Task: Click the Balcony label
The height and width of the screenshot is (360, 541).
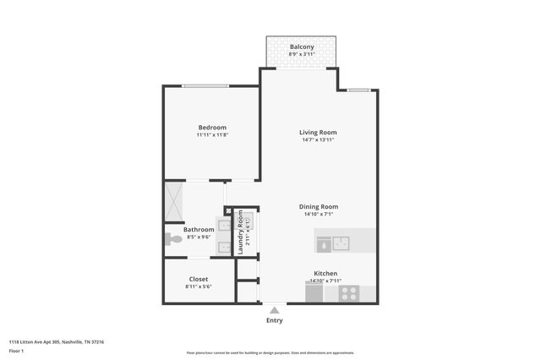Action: [302, 46]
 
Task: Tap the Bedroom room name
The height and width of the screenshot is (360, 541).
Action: [212, 127]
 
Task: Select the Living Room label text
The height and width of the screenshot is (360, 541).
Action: [318, 132]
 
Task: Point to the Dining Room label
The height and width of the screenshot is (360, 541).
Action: [318, 206]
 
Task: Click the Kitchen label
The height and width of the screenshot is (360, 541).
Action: [325, 274]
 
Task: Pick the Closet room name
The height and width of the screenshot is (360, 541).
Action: [199, 279]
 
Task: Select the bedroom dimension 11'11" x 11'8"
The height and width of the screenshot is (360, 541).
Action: [212, 135]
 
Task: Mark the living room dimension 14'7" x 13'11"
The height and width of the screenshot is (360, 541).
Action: [318, 140]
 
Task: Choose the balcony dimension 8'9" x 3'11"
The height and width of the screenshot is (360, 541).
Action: [302, 54]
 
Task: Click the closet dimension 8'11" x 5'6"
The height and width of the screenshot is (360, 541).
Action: [199, 286]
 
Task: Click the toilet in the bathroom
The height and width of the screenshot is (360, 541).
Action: [172, 240]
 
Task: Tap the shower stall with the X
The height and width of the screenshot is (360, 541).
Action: [173, 201]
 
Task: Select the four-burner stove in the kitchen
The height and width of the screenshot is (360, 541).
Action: [349, 293]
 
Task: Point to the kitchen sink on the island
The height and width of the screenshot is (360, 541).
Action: [342, 243]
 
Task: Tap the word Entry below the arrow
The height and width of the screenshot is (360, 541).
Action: [274, 320]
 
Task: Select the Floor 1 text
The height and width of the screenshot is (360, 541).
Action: [16, 350]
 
